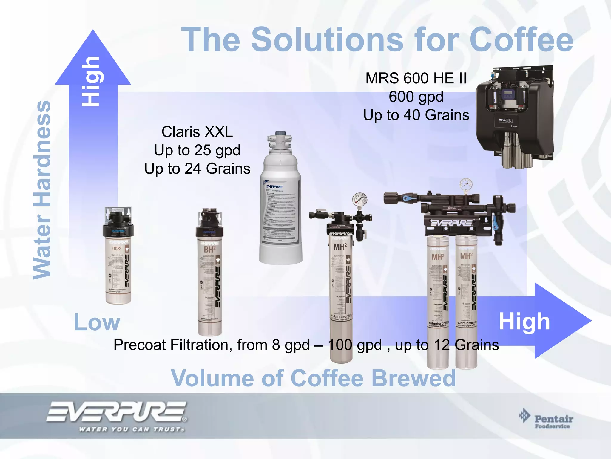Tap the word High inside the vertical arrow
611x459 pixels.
tap(91, 81)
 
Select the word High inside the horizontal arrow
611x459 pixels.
tap(524, 322)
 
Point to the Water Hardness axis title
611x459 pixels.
tap(42, 190)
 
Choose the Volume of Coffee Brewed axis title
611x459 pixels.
tap(313, 378)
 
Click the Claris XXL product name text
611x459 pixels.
tap(197, 132)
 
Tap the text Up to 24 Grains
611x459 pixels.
tap(197, 169)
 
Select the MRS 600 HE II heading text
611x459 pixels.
tap(416, 78)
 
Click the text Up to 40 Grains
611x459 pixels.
tap(416, 115)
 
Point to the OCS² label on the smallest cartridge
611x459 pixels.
tap(116, 248)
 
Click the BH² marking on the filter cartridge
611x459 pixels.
tap(209, 249)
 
